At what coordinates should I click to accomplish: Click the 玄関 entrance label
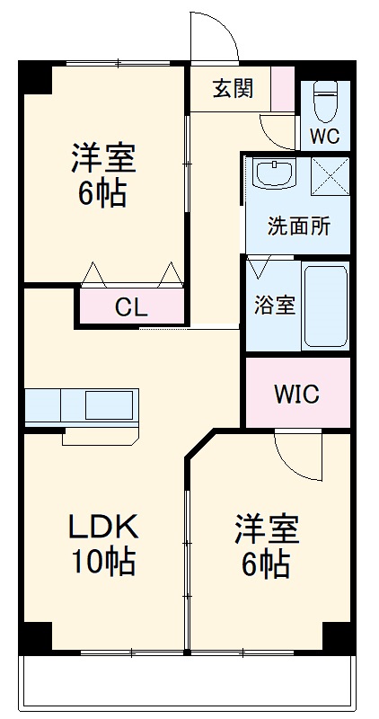(x=232, y=88)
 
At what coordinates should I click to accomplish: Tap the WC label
(x=324, y=137)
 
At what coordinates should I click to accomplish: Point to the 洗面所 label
(x=298, y=226)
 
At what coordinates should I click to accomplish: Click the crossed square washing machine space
(x=329, y=174)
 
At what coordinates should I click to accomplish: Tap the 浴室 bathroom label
(x=274, y=305)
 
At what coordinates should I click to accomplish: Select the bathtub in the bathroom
(x=325, y=306)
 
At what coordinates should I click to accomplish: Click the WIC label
(x=296, y=395)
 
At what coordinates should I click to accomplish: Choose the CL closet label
(x=131, y=307)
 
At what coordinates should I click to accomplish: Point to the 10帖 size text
(x=103, y=562)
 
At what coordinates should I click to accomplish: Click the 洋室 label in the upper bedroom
(x=102, y=158)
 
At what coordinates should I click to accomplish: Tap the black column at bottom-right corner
(x=337, y=636)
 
